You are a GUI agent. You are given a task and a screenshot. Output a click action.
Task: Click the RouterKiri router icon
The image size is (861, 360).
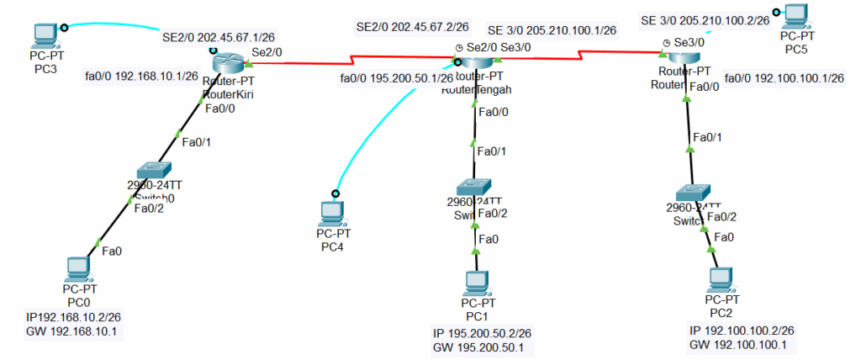coord(228,61)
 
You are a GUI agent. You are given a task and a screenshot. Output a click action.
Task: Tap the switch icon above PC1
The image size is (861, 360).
coord(474,187)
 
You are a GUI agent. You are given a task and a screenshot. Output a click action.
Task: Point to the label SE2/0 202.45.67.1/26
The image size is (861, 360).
coord(219,38)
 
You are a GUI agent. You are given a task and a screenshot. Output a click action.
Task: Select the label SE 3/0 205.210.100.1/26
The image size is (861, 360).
coord(552,29)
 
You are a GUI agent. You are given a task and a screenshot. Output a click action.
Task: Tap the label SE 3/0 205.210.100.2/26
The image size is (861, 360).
coord(705,20)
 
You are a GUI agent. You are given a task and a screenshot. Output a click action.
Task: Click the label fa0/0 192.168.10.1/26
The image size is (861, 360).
coord(141,76)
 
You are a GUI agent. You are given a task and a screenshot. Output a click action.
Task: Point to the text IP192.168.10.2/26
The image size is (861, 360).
coord(74,317)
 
